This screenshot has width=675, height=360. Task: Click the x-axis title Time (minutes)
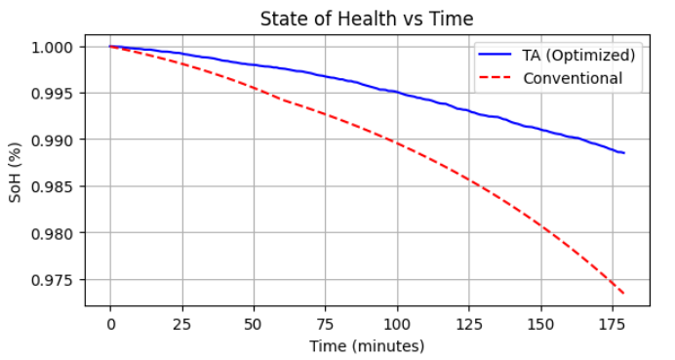366,345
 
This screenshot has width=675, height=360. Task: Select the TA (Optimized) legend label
580,55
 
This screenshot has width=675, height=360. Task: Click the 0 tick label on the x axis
110,323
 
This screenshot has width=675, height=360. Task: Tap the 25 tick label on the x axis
182,323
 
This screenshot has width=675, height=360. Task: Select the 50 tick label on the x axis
254,323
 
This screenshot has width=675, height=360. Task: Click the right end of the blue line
623,153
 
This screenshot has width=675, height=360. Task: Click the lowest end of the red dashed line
623,294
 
